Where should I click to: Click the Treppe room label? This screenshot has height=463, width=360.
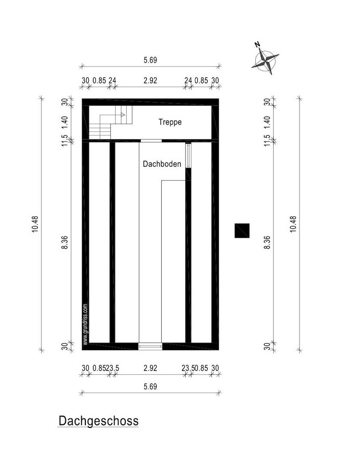(170, 122)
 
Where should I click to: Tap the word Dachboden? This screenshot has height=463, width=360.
(162, 164)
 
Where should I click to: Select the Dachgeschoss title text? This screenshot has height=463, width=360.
(98, 421)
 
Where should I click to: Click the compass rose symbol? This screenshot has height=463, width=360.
(266, 61)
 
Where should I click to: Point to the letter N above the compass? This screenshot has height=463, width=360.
(257, 45)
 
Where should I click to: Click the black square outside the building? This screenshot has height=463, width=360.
(242, 231)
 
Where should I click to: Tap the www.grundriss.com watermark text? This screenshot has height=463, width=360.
(85, 324)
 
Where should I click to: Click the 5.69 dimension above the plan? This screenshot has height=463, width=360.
(150, 60)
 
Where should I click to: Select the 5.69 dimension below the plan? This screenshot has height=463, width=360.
(150, 386)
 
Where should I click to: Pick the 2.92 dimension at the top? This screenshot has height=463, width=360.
(150, 80)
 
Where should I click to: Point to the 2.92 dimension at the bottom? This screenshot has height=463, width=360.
(150, 368)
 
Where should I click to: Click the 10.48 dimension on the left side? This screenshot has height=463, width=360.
(35, 224)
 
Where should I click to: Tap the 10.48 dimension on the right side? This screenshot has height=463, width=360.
(293, 224)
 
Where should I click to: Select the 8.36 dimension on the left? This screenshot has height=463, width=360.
(65, 242)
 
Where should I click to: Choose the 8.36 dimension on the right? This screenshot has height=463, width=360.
(267, 242)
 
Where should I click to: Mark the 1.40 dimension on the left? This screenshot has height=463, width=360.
(65, 122)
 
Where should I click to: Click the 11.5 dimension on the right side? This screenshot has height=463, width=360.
(267, 141)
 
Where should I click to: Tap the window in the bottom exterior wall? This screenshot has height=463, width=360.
(150, 346)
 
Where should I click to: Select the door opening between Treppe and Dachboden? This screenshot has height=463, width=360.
(151, 141)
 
